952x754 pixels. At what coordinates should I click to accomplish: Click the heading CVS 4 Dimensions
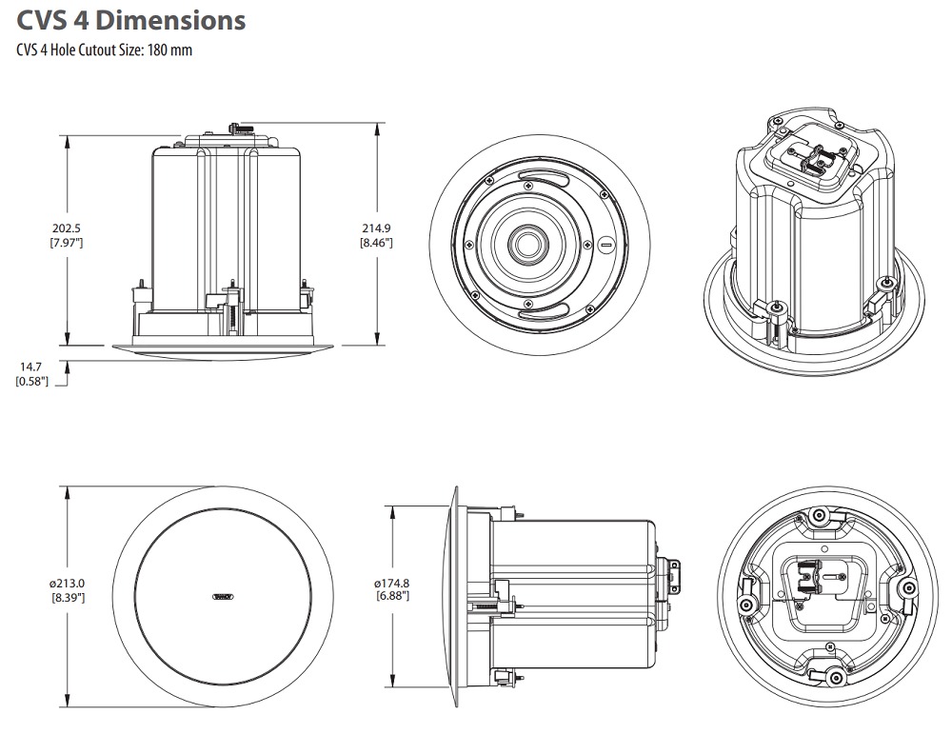tap(130, 20)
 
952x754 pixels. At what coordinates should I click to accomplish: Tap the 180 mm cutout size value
tap(169, 50)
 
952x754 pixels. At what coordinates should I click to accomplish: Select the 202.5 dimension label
tap(67, 228)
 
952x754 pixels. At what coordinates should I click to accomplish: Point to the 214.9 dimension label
tap(376, 228)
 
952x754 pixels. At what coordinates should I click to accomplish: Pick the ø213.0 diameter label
tap(68, 583)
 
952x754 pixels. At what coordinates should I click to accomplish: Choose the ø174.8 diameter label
tap(392, 583)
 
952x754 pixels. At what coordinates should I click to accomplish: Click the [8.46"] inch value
tap(376, 243)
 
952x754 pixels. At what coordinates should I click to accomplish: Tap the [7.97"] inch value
tap(67, 243)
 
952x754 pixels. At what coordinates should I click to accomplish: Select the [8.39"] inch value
tap(68, 597)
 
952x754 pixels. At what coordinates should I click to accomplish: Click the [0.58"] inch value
tap(33, 381)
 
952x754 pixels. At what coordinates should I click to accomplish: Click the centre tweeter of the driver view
tap(526, 244)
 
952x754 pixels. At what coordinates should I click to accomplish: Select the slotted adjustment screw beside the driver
tap(607, 245)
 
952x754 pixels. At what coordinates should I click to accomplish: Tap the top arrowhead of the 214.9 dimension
tap(378, 127)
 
